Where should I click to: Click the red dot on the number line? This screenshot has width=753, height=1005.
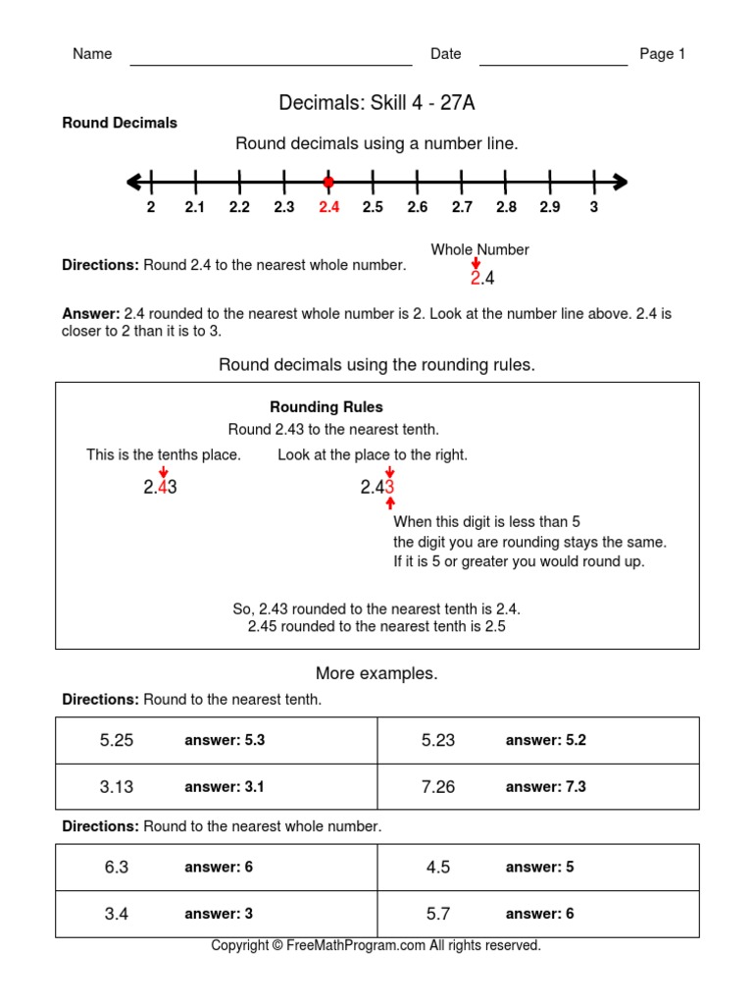328,182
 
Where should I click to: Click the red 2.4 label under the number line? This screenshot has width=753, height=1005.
328,207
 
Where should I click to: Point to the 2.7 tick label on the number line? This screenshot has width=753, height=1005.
462,207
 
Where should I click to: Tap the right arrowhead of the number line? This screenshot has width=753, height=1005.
619,182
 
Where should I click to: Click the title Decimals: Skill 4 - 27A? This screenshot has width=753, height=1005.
376,103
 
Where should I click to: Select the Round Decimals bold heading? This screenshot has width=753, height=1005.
120,123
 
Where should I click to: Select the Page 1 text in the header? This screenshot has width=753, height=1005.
662,54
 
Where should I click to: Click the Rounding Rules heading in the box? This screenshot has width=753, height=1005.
326,406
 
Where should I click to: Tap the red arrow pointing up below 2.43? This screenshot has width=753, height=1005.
390,503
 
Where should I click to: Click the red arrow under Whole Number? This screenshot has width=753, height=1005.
476,264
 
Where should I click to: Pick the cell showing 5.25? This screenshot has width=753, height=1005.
117,740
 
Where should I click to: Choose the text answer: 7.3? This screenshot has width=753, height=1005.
545,786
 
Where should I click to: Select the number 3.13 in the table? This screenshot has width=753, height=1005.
117,786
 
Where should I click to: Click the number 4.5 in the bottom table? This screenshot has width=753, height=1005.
438,868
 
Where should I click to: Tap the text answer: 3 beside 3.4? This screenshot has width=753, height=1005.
219,914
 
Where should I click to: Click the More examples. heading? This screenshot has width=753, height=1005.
376,673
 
